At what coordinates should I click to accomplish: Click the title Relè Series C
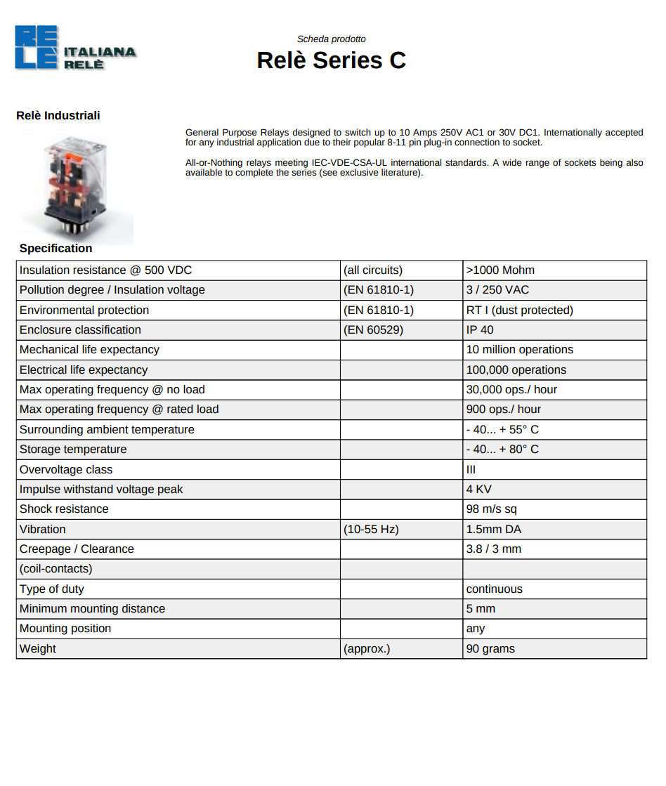click(331, 60)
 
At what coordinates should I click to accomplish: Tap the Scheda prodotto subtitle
click(331, 39)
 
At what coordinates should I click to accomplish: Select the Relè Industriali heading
click(58, 116)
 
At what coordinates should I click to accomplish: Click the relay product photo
click(75, 186)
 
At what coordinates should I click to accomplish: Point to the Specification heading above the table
click(55, 249)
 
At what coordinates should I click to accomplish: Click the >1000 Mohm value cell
click(500, 270)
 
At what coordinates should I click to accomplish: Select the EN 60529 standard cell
click(373, 330)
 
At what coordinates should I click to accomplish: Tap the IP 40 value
click(480, 330)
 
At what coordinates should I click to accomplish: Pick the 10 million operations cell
click(519, 350)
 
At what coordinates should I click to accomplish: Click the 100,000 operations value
click(516, 370)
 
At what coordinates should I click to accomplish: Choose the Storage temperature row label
click(73, 450)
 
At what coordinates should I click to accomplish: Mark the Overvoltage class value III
click(471, 470)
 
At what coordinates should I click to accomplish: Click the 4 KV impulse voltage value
click(478, 490)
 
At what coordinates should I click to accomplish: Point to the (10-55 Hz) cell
click(371, 530)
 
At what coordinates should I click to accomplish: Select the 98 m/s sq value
click(491, 509)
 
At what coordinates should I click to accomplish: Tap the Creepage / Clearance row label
click(77, 549)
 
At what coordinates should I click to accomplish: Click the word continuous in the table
click(494, 589)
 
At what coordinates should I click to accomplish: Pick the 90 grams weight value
click(490, 649)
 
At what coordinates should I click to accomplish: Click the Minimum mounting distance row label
click(92, 609)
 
